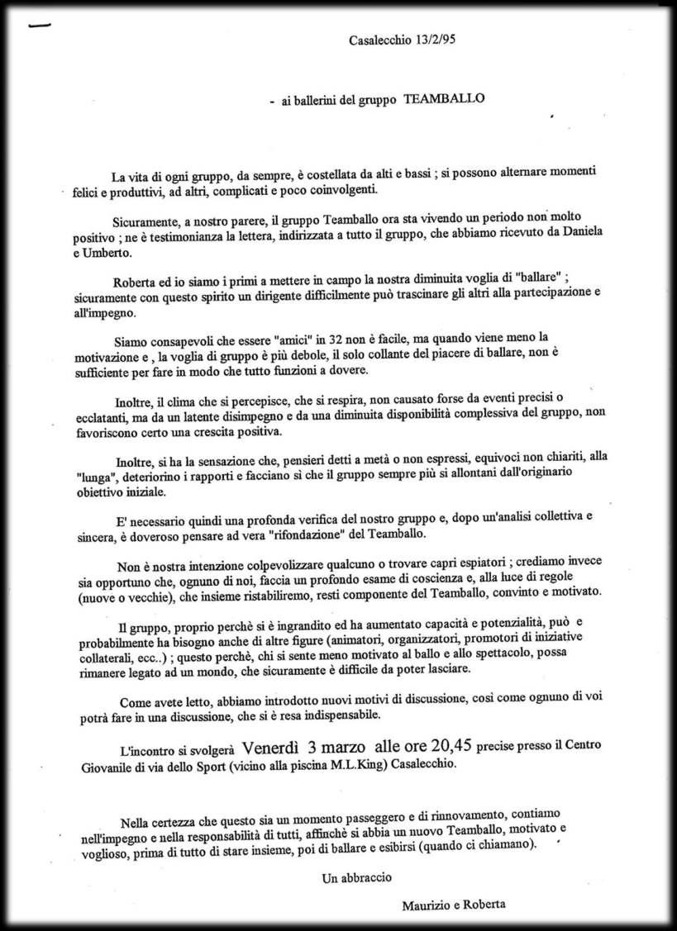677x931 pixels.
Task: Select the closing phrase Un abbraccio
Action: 357,878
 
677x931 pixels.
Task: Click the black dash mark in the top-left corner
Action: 38,25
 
